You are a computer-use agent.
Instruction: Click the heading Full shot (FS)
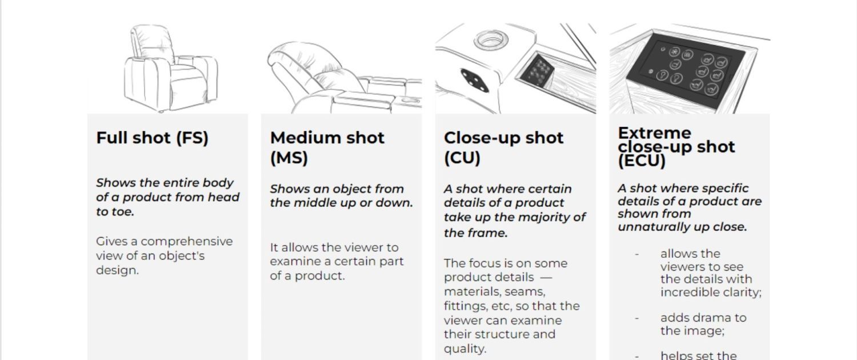(152, 138)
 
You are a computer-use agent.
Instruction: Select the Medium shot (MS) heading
(327, 147)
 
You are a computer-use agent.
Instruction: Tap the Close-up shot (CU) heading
(503, 147)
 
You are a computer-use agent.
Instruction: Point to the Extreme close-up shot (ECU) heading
(676, 147)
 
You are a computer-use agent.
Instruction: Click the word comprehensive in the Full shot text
(186, 241)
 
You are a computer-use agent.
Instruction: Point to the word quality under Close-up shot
(464, 349)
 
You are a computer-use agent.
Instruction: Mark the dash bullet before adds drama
(636, 318)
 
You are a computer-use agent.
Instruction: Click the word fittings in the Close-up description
(465, 306)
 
